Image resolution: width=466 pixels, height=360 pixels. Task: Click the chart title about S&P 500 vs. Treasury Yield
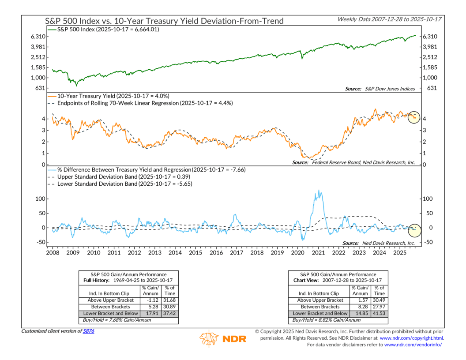click(165, 21)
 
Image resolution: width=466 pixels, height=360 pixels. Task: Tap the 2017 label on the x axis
click(237, 253)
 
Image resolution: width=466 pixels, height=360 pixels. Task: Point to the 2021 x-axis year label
click(318, 253)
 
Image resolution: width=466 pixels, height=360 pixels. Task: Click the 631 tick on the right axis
click(432, 88)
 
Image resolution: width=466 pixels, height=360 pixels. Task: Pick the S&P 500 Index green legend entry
click(106, 29)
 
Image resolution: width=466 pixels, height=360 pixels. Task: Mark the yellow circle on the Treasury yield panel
click(413, 117)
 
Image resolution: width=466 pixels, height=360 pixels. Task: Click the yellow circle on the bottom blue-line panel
click(415, 229)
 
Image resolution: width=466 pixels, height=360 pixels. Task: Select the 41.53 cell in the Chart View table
click(380, 314)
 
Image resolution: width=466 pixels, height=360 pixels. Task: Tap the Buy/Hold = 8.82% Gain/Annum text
click(321, 320)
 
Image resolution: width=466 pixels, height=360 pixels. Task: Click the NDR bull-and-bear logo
click(210, 339)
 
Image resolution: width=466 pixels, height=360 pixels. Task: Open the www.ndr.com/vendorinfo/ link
click(413, 345)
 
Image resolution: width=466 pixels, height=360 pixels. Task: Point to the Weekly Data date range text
click(390, 19)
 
